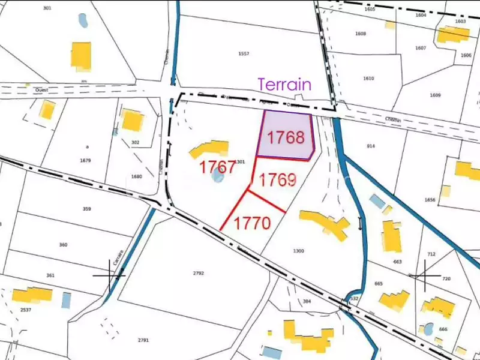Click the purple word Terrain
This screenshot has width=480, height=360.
tap(284, 84)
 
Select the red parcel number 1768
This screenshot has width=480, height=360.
tap(286, 137)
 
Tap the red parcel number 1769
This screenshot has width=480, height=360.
tap(278, 179)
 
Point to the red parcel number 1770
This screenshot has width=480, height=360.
tap(252, 223)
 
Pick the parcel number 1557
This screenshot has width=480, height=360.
tap(244, 54)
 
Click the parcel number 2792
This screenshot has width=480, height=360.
tap(199, 273)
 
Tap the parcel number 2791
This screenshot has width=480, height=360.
tap(143, 340)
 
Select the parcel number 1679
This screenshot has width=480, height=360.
tap(85, 160)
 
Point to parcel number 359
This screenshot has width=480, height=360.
tap(87, 209)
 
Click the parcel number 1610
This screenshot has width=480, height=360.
tap(368, 79)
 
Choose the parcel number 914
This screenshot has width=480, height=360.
tap(371, 146)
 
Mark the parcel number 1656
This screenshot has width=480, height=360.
tap(430, 200)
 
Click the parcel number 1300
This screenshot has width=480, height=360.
tap(298, 250)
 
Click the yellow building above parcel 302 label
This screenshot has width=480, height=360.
tap(131, 121)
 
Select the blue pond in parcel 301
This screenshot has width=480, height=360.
tap(82, 20)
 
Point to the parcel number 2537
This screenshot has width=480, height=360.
tap(25, 310)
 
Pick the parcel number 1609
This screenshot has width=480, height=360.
tap(435, 95)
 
